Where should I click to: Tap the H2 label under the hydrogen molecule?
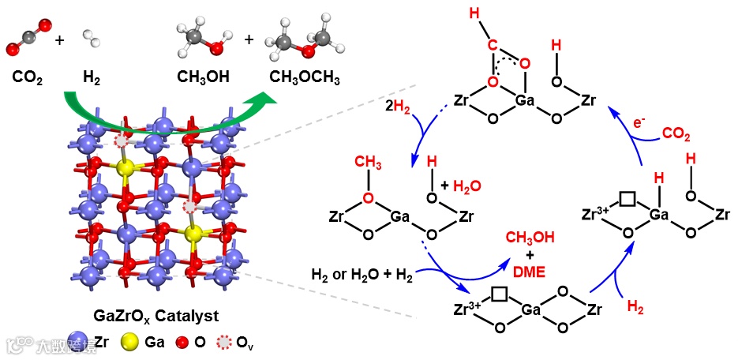(92, 78)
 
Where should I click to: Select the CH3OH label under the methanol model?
(203, 78)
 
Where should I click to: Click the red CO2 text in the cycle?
(675, 134)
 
